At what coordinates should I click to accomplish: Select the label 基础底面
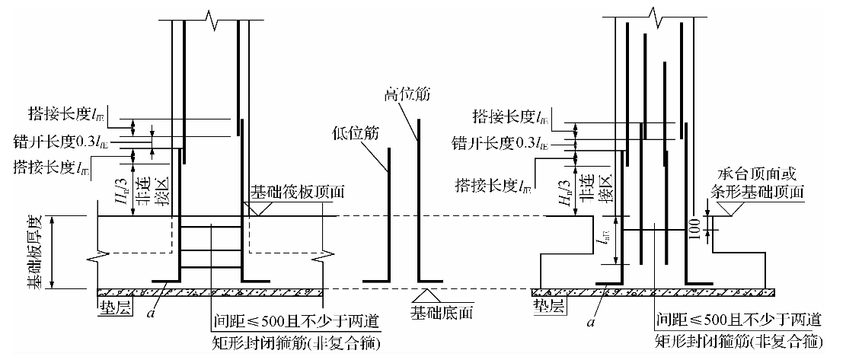pos(437,313)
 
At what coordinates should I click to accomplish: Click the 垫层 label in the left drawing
pos(112,307)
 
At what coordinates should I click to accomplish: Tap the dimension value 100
pos(694,229)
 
